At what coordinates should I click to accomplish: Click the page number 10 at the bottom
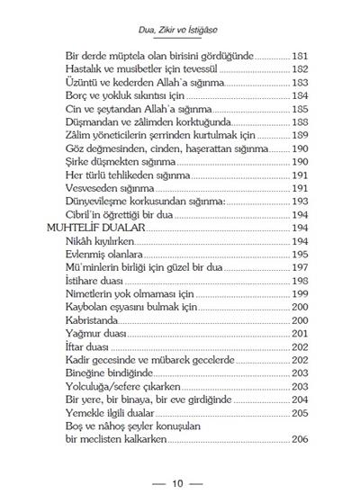[x=178, y=483]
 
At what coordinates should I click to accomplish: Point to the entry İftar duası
[x=91, y=346]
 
